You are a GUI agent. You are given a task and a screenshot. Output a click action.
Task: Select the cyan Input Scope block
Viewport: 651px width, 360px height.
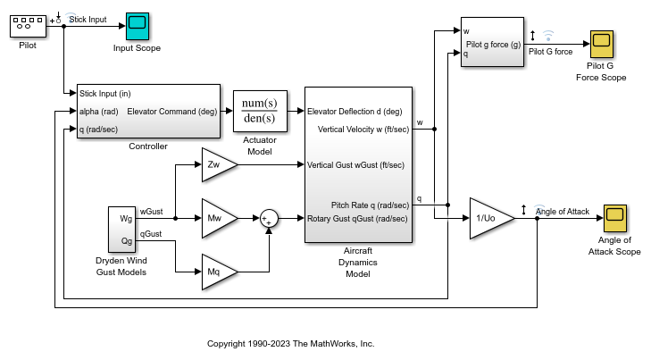coord(137,26)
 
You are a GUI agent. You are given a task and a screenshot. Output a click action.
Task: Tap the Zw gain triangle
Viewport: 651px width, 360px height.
coord(217,164)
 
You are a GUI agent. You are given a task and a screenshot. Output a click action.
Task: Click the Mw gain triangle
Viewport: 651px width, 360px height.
coord(217,217)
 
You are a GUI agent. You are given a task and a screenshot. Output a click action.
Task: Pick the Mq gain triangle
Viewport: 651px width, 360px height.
coord(217,271)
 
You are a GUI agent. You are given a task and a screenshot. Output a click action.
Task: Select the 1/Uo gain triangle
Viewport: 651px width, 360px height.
coord(491,219)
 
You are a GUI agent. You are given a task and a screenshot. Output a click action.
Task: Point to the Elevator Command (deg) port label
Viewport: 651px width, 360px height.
coord(173,112)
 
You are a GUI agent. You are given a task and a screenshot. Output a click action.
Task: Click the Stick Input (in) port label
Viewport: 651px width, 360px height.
coord(105,93)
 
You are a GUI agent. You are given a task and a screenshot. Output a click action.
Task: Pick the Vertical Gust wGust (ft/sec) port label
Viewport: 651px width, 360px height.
coord(355,165)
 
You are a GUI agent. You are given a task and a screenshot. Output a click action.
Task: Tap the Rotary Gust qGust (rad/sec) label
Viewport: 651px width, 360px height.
coord(357,219)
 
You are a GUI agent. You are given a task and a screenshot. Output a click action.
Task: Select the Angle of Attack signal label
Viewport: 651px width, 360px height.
coord(562,211)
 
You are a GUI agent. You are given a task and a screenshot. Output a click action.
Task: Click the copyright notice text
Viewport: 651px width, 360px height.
coord(290,343)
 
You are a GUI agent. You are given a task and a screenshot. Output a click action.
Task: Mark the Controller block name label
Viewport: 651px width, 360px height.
coord(148,146)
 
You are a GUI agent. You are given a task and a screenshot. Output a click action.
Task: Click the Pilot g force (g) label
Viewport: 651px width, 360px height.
coord(495,43)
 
